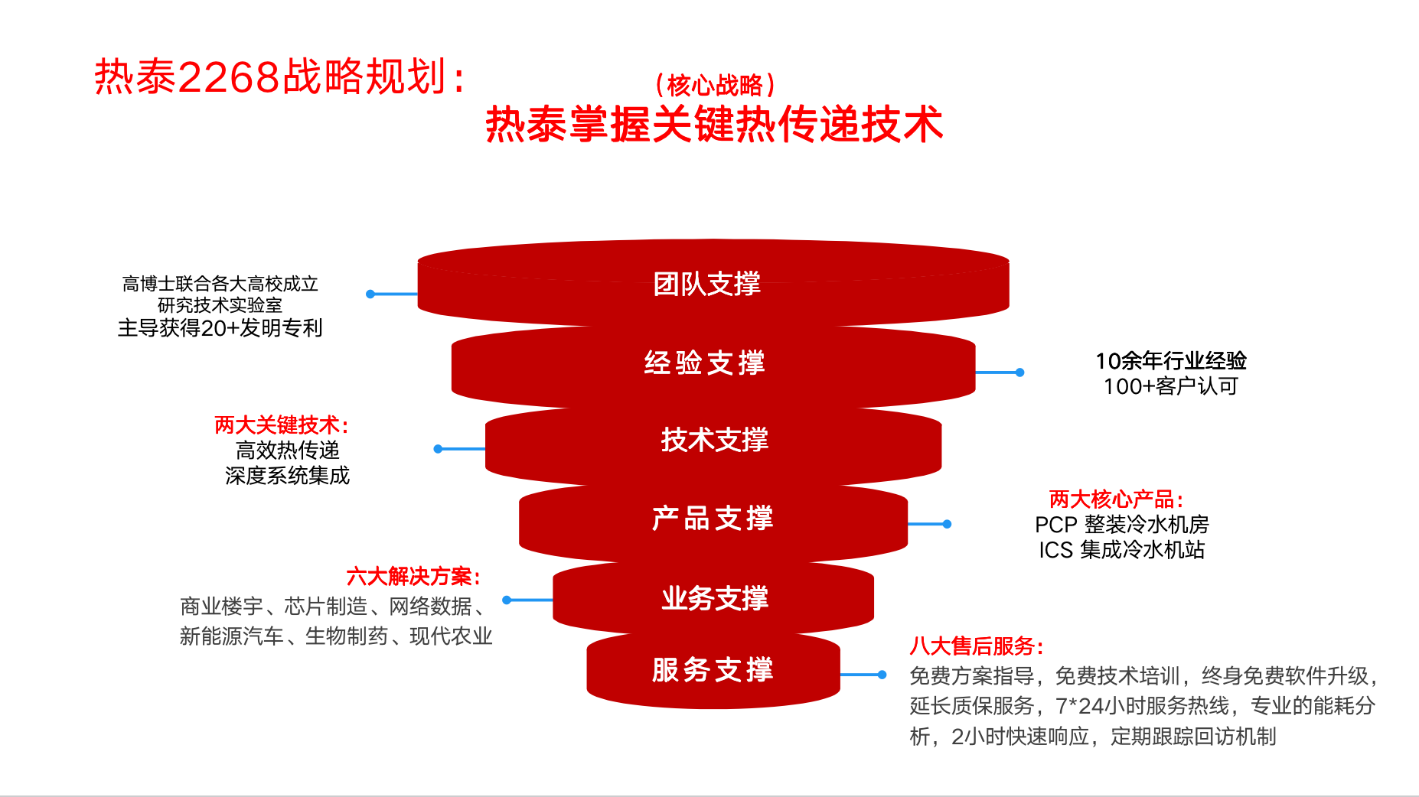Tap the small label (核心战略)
coord(715,85)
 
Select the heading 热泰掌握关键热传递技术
coord(714,124)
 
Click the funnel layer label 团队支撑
coord(706,284)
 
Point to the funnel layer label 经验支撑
coord(705,363)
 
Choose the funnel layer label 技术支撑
coord(714,440)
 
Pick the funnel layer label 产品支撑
coord(713,518)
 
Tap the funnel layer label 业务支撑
coord(714,598)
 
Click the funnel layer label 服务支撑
coord(713,669)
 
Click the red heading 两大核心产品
coord(1116,499)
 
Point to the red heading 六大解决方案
coord(413,576)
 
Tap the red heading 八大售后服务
coord(977,646)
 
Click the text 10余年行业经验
coord(1171,360)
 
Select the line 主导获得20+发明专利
coord(220,328)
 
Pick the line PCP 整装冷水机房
coord(1121,525)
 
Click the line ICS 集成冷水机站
coord(1121,550)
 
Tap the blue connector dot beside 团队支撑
coord(370,294)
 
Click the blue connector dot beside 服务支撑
coord(882,675)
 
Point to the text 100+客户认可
coord(1171,386)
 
